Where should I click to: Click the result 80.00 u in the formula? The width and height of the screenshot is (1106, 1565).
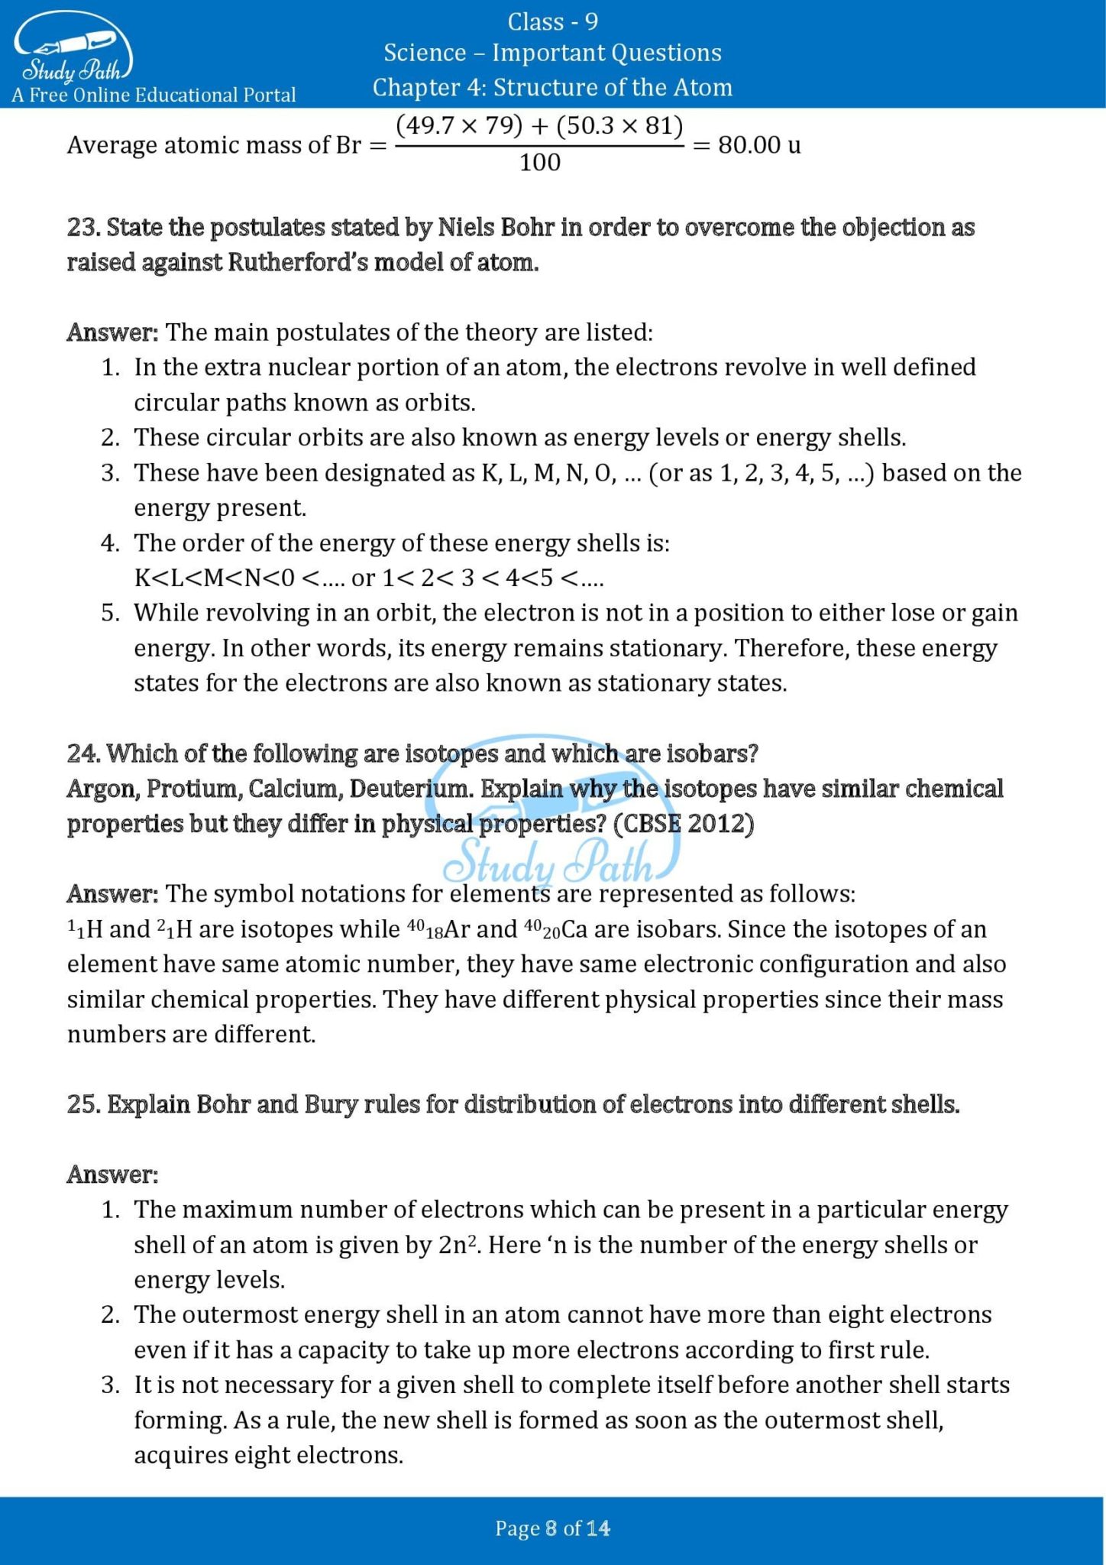[759, 144]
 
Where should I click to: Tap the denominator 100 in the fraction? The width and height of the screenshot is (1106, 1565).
[539, 163]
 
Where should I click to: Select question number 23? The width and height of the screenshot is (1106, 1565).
[83, 228]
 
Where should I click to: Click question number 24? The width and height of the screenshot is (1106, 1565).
[83, 753]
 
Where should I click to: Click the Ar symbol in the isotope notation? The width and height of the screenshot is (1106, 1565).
[457, 929]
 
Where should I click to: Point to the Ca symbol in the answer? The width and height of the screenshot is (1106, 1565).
[574, 929]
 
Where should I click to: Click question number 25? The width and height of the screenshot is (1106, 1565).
[83, 1104]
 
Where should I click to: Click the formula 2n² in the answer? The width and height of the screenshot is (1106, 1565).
[458, 1245]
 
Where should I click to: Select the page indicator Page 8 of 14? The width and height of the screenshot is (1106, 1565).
[552, 1528]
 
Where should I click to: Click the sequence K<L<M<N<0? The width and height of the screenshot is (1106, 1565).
[214, 578]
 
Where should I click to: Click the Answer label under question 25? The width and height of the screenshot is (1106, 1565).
[112, 1175]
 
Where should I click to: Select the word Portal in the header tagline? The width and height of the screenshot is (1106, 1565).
[268, 96]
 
